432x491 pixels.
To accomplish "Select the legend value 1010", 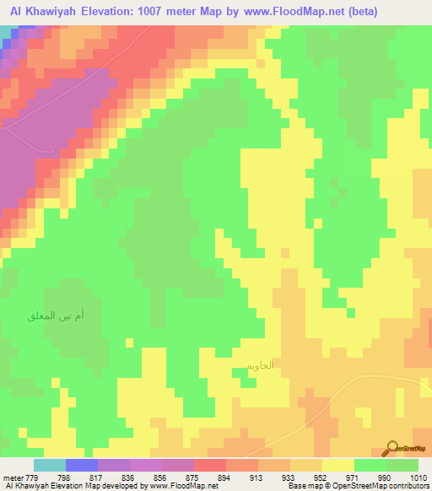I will point(418,478).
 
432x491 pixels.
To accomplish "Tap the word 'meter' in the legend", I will point(12,478).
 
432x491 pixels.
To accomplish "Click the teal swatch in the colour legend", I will point(50,465).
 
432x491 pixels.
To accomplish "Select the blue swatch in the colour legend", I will point(82,465).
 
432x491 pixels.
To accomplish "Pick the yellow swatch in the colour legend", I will point(338,465).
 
